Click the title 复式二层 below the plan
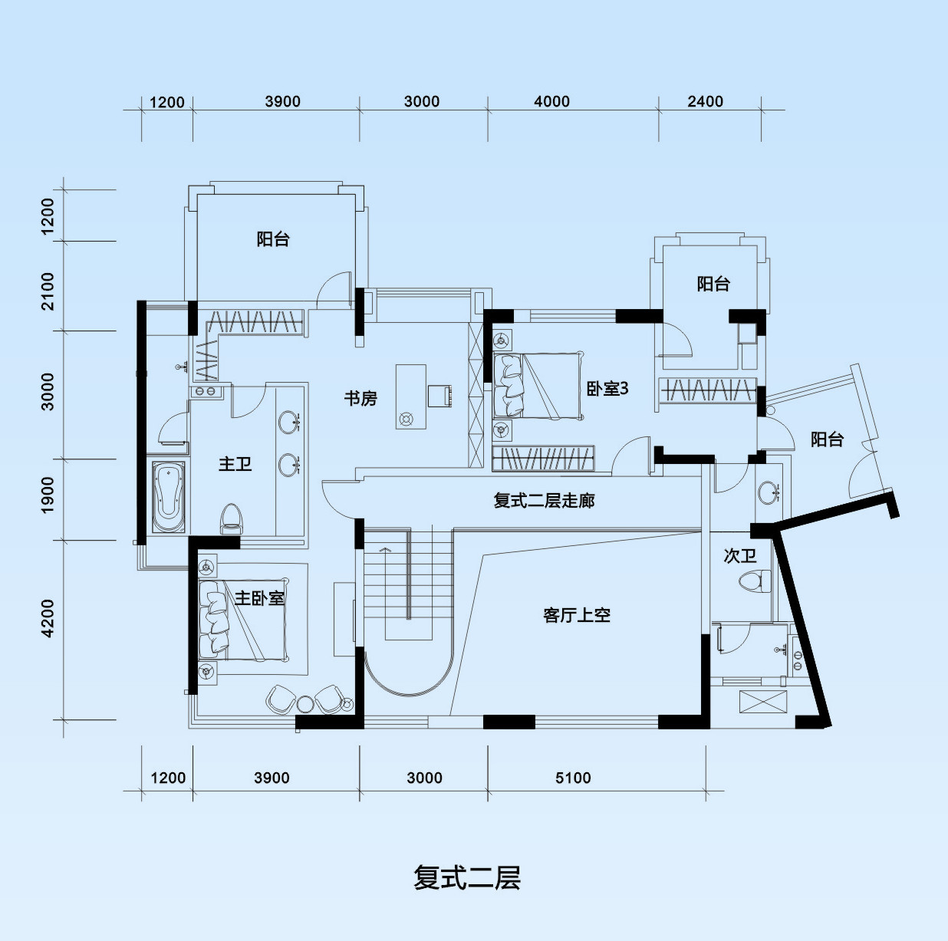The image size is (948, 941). click(x=467, y=878)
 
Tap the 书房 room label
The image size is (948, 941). click(x=360, y=398)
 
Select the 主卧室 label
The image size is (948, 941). click(x=259, y=598)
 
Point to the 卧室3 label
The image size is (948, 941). click(x=607, y=389)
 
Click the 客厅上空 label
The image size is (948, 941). click(x=577, y=615)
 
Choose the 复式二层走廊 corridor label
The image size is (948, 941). click(x=544, y=501)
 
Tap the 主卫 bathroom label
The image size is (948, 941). click(x=235, y=463)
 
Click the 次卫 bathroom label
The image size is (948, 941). click(x=740, y=556)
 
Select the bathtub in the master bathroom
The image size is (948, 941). click(x=168, y=496)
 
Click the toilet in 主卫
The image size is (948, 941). click(x=232, y=518)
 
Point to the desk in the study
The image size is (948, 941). click(x=411, y=396)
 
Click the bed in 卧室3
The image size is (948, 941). click(x=538, y=386)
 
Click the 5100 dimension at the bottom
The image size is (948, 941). click(x=573, y=778)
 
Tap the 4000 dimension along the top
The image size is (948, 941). click(x=551, y=101)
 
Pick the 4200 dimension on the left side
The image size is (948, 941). click(x=48, y=618)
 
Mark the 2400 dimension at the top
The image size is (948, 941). click(x=705, y=101)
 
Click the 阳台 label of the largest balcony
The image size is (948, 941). click(x=273, y=239)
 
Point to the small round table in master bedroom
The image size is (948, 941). click(x=305, y=704)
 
